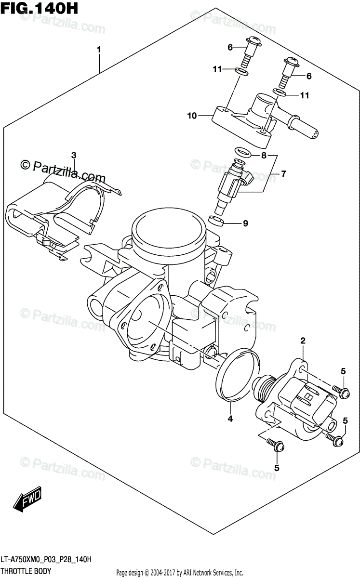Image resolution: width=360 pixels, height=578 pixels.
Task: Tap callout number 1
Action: click(99, 50)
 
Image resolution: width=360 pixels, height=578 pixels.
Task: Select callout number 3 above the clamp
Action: click(74, 155)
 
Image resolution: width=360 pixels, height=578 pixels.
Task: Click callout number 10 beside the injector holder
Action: click(192, 116)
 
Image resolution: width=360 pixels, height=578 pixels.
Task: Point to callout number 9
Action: click(245, 223)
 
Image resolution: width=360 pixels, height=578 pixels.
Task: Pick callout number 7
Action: click(284, 174)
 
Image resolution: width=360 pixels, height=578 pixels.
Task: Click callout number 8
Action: click(264, 156)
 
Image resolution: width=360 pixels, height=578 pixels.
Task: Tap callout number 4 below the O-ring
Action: click(230, 419)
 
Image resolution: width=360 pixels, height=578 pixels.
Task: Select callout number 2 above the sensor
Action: click(303, 342)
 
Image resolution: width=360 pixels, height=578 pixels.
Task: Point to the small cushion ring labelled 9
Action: click(217, 222)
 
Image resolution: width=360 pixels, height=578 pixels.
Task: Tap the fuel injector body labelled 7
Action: click(231, 185)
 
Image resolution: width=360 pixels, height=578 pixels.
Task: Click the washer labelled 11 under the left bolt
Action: click(241, 72)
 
